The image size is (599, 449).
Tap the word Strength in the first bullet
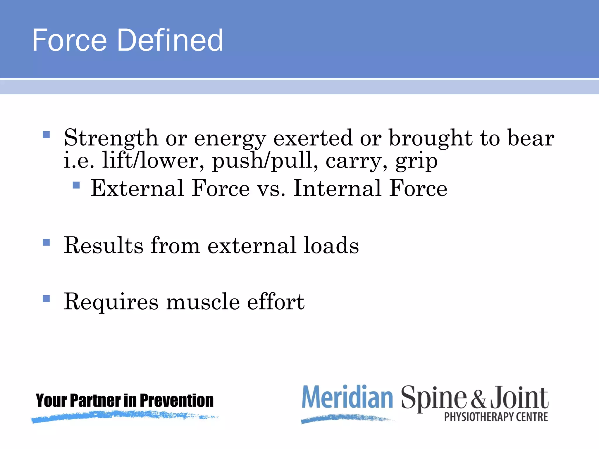[x=111, y=138]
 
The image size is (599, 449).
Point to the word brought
[x=430, y=138]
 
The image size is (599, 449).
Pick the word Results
[x=104, y=245]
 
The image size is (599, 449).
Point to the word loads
[x=331, y=245]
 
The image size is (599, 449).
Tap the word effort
[x=276, y=302]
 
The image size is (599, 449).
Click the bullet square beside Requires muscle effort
[x=46, y=298]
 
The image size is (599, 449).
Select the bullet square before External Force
[x=76, y=185]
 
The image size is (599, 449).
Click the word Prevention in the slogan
[x=177, y=400]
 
